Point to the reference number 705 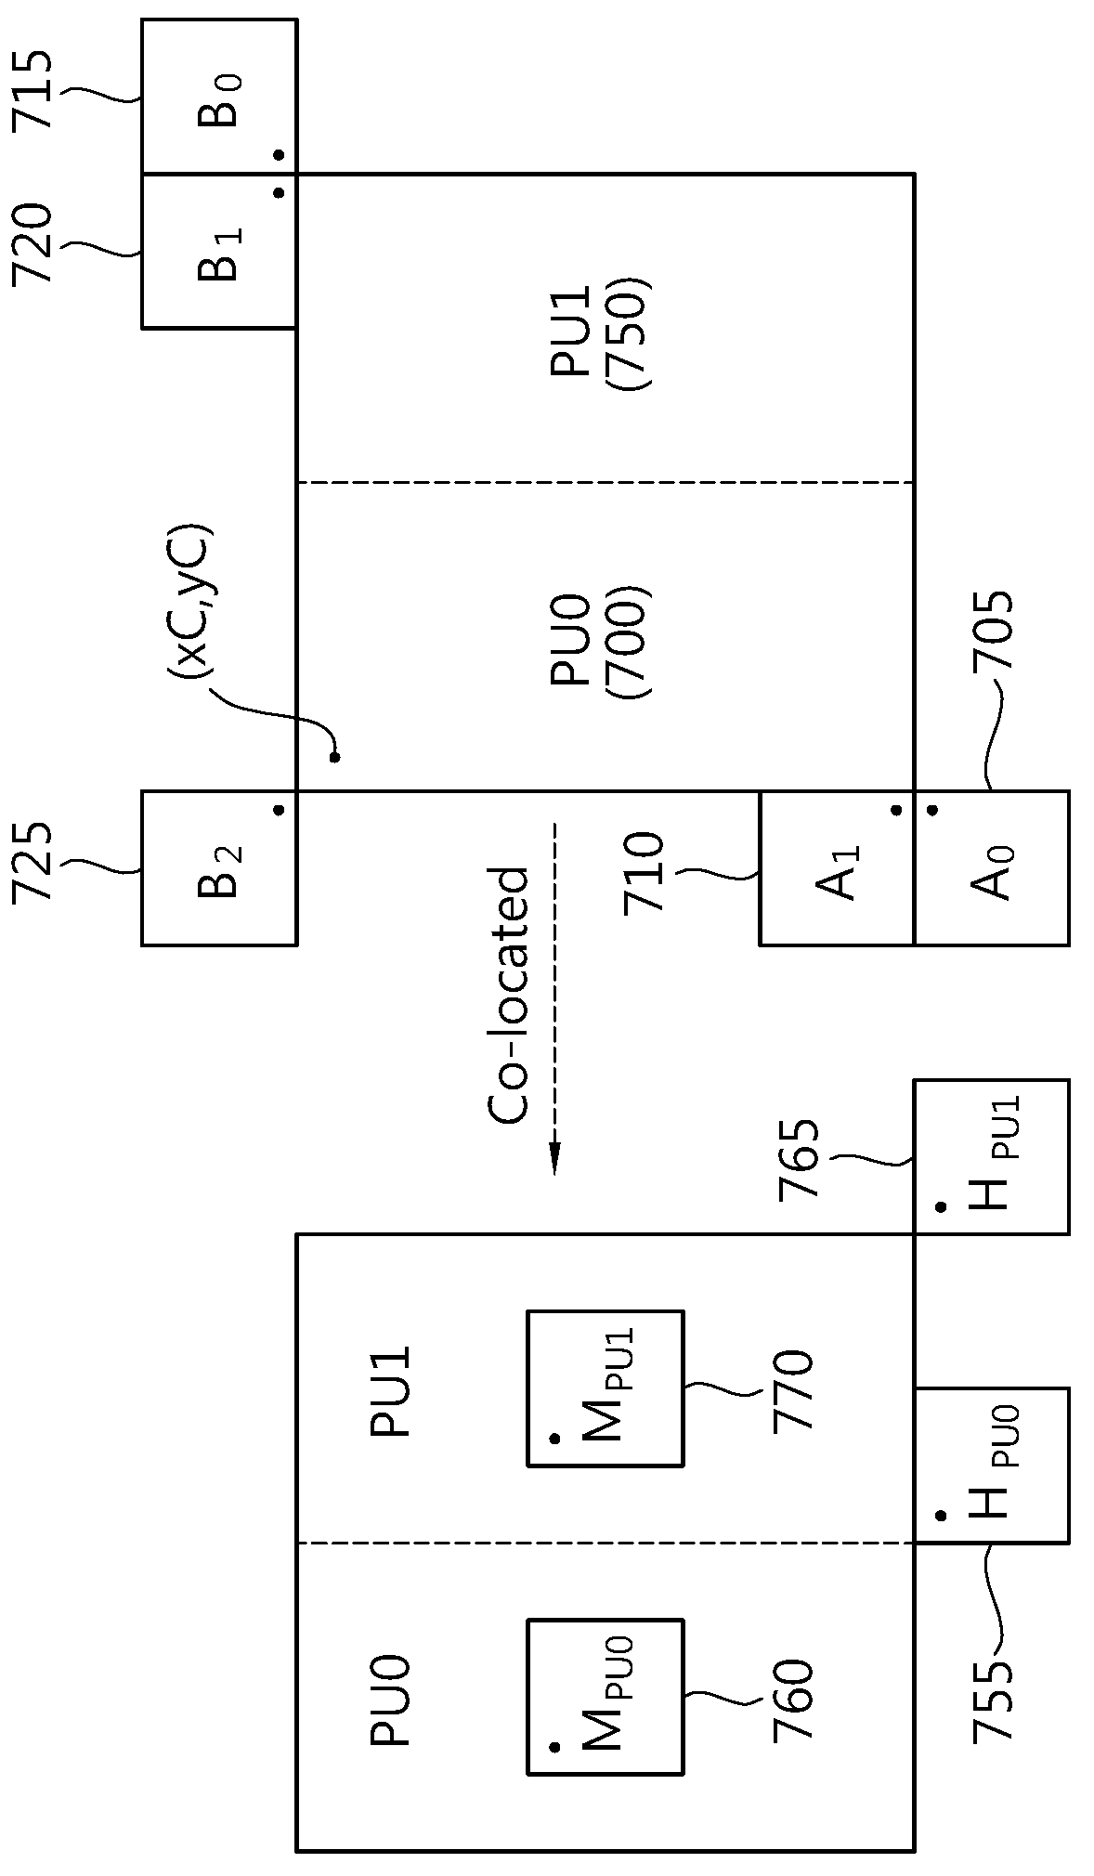(x=993, y=631)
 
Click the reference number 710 (x=645, y=872)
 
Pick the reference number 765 (x=800, y=1160)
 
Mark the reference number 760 (x=793, y=1700)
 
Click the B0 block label (x=221, y=100)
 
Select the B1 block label (x=221, y=254)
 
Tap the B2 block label (x=221, y=870)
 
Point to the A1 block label (x=839, y=872)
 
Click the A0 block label (x=993, y=872)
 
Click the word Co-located (x=508, y=995)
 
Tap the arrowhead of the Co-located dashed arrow (x=554, y=1158)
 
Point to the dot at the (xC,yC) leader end (x=334, y=757)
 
